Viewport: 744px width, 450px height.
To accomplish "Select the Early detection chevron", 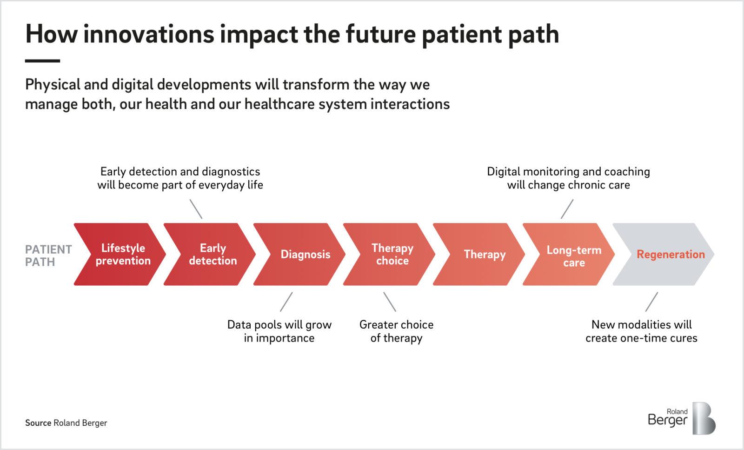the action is (x=210, y=254).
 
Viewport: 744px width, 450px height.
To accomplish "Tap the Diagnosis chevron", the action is (x=299, y=254).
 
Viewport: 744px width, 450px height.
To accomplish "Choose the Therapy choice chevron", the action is (x=389, y=254).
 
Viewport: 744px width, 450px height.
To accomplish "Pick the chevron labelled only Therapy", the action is (x=479, y=254).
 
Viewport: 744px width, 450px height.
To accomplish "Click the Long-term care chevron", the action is (x=569, y=254).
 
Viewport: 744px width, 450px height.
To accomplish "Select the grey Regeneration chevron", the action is (x=664, y=254).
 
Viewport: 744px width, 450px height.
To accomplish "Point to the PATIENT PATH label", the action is (x=48, y=255).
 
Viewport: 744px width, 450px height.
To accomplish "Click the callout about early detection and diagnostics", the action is (x=180, y=178).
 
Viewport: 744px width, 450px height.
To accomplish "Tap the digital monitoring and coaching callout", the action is (x=568, y=178).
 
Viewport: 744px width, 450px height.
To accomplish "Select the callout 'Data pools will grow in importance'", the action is (x=279, y=331).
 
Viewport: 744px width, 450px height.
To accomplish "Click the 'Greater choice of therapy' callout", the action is (x=396, y=331).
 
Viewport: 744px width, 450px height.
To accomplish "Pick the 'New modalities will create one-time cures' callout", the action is (x=641, y=331).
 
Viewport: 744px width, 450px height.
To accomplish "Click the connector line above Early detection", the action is (x=196, y=209).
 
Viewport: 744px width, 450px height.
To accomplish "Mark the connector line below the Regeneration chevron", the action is (x=651, y=302).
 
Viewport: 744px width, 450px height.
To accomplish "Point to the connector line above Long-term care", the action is (x=567, y=209).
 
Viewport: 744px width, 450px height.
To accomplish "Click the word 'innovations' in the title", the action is (x=149, y=34).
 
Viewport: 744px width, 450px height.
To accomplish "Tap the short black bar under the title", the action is (x=42, y=61).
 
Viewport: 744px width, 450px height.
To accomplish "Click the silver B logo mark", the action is (x=704, y=418).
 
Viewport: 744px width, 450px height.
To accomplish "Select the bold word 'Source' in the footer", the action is (x=38, y=423).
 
